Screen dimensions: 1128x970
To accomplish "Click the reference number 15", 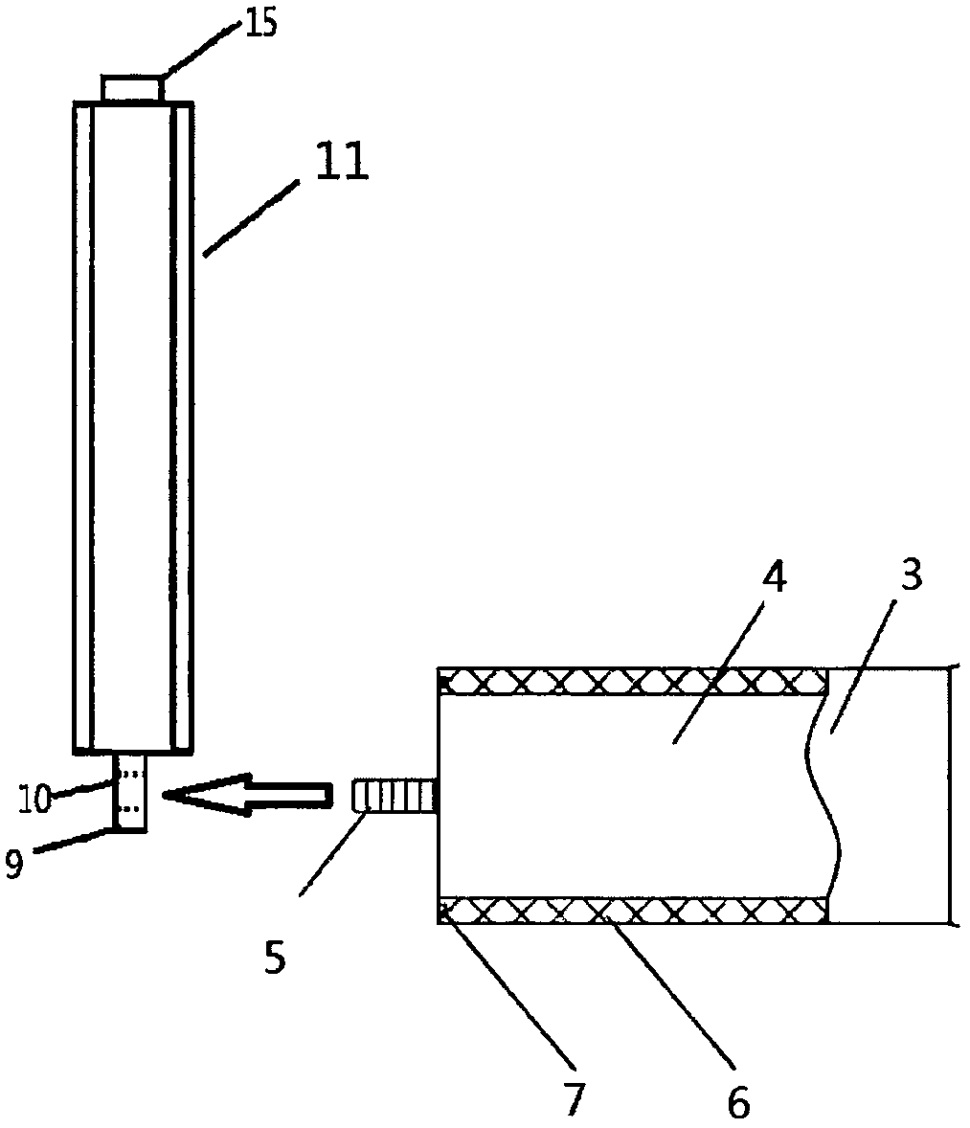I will tap(260, 23).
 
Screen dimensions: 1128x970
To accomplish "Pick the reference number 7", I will tap(572, 1099).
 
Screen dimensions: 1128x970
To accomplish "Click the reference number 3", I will tap(912, 577).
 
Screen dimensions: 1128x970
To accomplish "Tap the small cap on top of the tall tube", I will tap(133, 89).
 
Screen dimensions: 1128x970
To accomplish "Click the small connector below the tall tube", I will tap(131, 792).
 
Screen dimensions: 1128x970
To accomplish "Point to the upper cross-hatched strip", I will tap(632, 682).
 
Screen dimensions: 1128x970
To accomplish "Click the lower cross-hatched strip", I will tap(632, 910).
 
